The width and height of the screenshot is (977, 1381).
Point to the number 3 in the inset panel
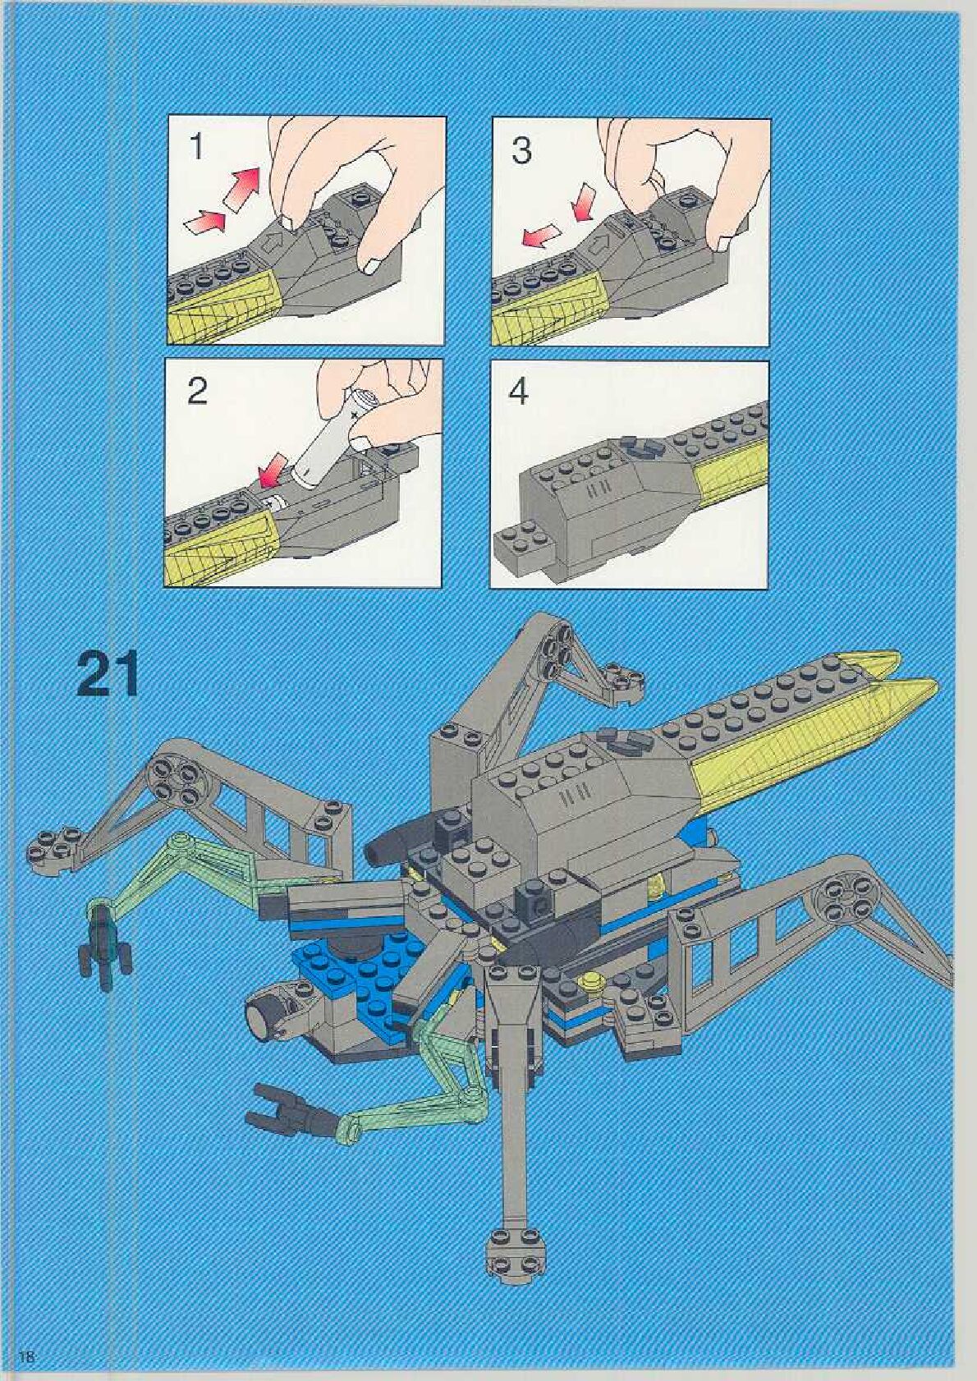521,150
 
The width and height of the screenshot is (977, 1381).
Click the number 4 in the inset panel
519,392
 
